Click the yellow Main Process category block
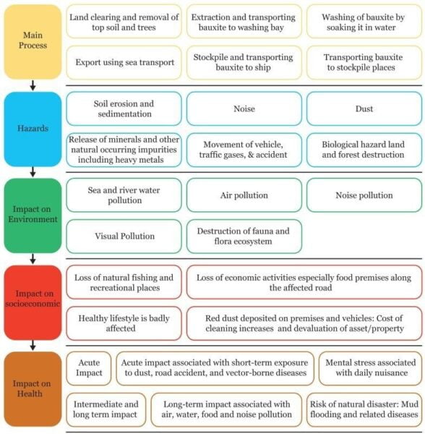tap(33, 42)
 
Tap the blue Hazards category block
tap(33, 129)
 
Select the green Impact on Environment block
tap(33, 216)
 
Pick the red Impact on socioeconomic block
tap(33, 302)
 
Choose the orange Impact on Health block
tap(33, 389)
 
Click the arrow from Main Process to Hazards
tap(33, 85)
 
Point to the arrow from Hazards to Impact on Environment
tap(33, 172)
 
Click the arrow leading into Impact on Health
tap(33, 346)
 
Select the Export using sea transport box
tap(124, 62)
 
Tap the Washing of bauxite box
tap(364, 22)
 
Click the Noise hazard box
tap(244, 109)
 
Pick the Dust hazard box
tap(364, 109)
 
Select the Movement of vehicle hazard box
tap(244, 150)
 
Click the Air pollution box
tap(244, 195)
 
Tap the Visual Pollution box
tap(124, 237)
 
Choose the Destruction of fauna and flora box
tap(244, 237)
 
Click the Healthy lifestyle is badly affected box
tap(124, 323)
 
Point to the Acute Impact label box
tap(89, 368)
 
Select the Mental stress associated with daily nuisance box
tap(371, 368)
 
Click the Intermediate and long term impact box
tap(106, 409)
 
